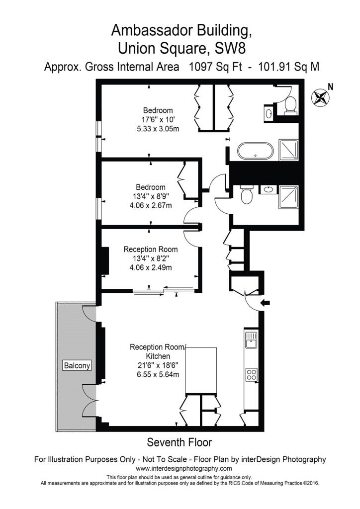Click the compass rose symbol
320,97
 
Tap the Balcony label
77,365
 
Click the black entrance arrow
266,303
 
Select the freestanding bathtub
256,151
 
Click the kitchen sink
251,340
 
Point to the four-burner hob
251,374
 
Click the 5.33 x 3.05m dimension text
158,129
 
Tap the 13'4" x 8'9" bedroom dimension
151,196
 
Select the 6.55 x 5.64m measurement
158,374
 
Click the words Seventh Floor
180,442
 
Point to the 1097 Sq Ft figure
215,67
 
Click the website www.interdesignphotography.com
184,468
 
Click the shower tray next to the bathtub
288,150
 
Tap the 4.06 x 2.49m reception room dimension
151,268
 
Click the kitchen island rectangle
201,371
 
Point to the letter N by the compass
331,86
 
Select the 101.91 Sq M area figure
288,67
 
